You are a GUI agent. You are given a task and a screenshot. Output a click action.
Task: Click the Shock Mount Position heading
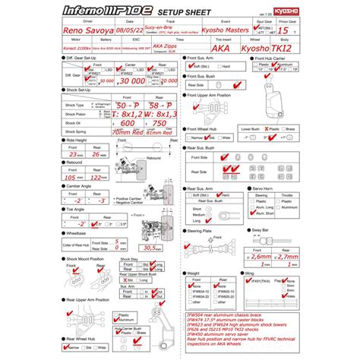tap(83, 258)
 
